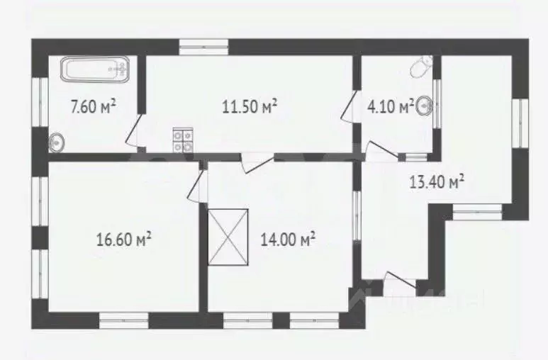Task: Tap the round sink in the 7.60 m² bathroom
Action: click(56, 142)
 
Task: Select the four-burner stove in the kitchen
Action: click(183, 140)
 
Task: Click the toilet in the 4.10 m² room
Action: click(420, 67)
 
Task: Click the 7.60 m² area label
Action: click(93, 106)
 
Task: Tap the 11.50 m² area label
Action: click(250, 106)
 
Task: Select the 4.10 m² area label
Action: click(391, 106)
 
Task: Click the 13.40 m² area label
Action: click(437, 181)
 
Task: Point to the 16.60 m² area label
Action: click(124, 240)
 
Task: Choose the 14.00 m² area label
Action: click(289, 240)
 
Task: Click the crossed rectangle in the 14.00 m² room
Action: click(228, 237)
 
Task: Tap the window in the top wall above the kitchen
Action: click(203, 47)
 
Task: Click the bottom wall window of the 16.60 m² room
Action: click(124, 320)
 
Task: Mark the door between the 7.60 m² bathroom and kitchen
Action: click(133, 131)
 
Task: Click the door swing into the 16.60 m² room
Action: click(196, 185)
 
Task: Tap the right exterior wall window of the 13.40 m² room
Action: click(520, 123)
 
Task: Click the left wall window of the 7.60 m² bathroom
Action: click(40, 102)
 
